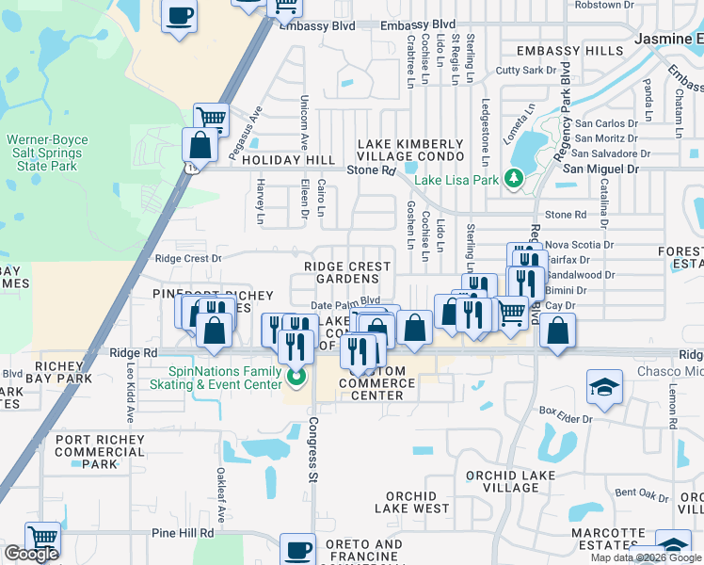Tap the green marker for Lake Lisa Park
513,178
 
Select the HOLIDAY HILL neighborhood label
288,161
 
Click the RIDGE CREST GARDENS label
347,273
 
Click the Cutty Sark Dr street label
521,71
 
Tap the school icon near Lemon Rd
604,386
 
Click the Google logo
31,554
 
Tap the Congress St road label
312,453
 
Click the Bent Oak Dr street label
640,492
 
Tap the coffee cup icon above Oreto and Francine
298,548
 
